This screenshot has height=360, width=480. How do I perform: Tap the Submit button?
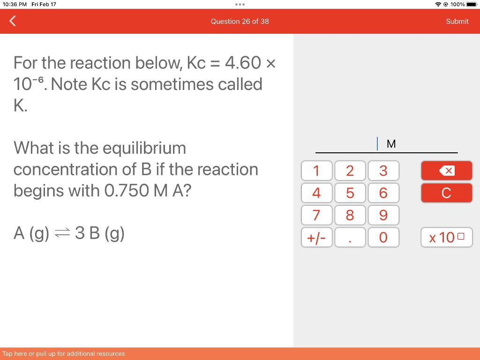pos(457,22)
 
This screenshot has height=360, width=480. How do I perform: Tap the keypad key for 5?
pos(350,193)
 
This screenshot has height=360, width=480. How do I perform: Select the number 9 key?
pos(383,215)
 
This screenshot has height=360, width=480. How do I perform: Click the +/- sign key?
pos(316,238)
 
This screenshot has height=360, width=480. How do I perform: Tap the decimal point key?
pos(350,238)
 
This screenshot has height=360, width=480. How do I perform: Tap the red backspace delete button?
pos(446,171)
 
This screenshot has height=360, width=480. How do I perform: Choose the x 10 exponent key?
pos(446,238)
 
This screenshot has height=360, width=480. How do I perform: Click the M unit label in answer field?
pos(391,144)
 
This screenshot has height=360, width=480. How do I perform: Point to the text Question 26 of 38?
pos(240,22)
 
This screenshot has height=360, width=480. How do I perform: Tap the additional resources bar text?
pos(64,354)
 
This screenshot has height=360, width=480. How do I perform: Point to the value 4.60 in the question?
pos(243,63)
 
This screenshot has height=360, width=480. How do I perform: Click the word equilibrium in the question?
pos(144,148)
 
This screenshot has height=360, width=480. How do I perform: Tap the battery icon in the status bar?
pos(471,4)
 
